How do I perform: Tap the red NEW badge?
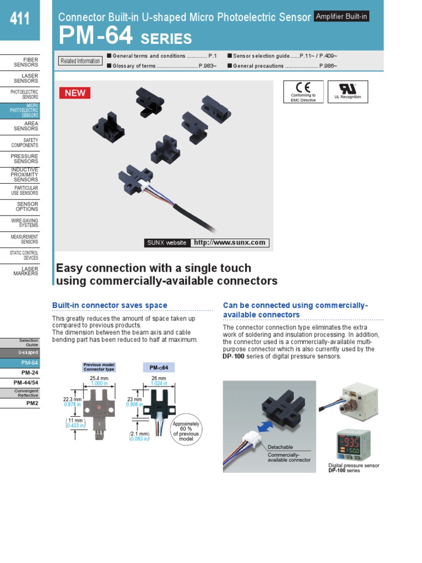pyautogui.click(x=75, y=92)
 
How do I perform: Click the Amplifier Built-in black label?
pyautogui.click(x=341, y=16)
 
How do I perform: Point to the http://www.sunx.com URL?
pyautogui.click(x=230, y=242)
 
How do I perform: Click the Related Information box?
pyautogui.click(x=80, y=61)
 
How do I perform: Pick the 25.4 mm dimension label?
pyautogui.click(x=99, y=379)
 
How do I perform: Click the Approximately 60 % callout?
pyautogui.click(x=186, y=432)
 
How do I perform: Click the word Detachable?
pyautogui.click(x=280, y=447)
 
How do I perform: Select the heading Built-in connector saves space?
pyautogui.click(x=109, y=305)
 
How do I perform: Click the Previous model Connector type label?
pyautogui.click(x=99, y=367)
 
